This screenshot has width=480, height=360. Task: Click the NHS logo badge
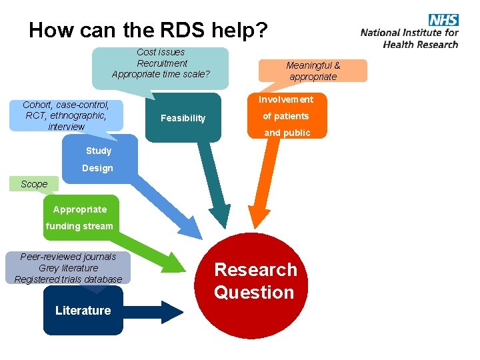click(443, 19)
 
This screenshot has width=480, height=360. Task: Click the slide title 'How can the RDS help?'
click(148, 30)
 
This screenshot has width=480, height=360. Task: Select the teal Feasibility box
click(183, 118)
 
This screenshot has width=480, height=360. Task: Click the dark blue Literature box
click(83, 311)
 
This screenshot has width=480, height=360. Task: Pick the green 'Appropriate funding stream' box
click(80, 217)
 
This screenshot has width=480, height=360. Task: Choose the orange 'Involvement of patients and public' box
click(286, 116)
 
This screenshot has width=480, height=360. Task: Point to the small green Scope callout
click(34, 184)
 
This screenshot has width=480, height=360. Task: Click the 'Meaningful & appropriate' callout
click(313, 71)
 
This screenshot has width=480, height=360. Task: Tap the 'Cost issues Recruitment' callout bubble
click(161, 63)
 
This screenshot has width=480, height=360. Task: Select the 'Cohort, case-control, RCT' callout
click(65, 115)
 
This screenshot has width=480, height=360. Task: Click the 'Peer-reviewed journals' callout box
click(68, 268)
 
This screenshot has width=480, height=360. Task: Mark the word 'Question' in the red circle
click(254, 293)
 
